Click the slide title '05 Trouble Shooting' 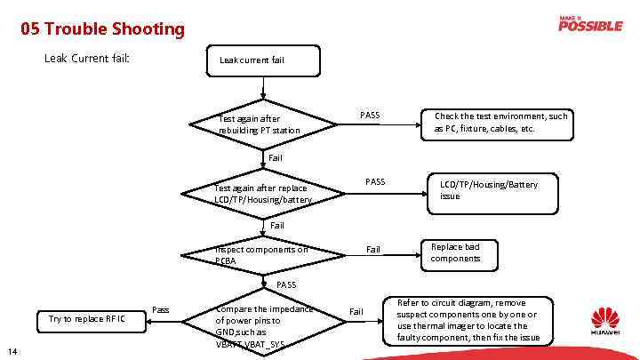103,29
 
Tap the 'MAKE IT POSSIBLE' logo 590,24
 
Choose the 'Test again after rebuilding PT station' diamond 263,124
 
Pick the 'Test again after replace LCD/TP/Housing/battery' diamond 263,194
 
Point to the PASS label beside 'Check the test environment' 370,116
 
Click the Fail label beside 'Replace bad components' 373,250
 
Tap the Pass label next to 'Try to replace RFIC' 161,309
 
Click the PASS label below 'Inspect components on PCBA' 286,284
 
